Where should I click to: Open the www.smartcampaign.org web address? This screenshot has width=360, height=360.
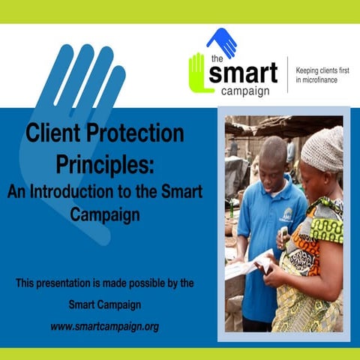pos(104,327)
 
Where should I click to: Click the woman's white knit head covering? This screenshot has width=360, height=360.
pos(322,148)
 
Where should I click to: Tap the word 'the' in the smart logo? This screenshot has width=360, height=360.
pos(216,59)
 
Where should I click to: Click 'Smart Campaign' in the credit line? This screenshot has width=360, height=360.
pos(104,305)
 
